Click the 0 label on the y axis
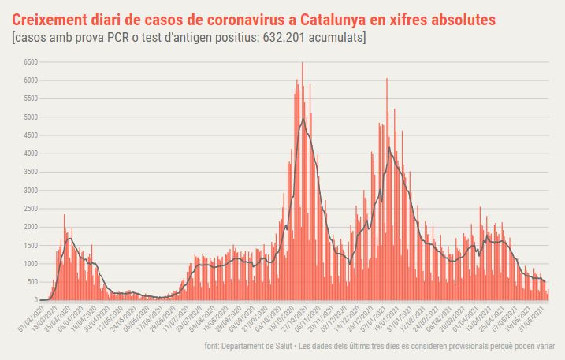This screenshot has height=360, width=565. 35,300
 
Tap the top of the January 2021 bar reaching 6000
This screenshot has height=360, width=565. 387,80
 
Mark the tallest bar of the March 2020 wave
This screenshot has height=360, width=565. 65,216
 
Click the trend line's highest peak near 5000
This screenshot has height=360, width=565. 303,119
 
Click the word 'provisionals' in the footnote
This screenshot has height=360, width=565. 468,346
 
